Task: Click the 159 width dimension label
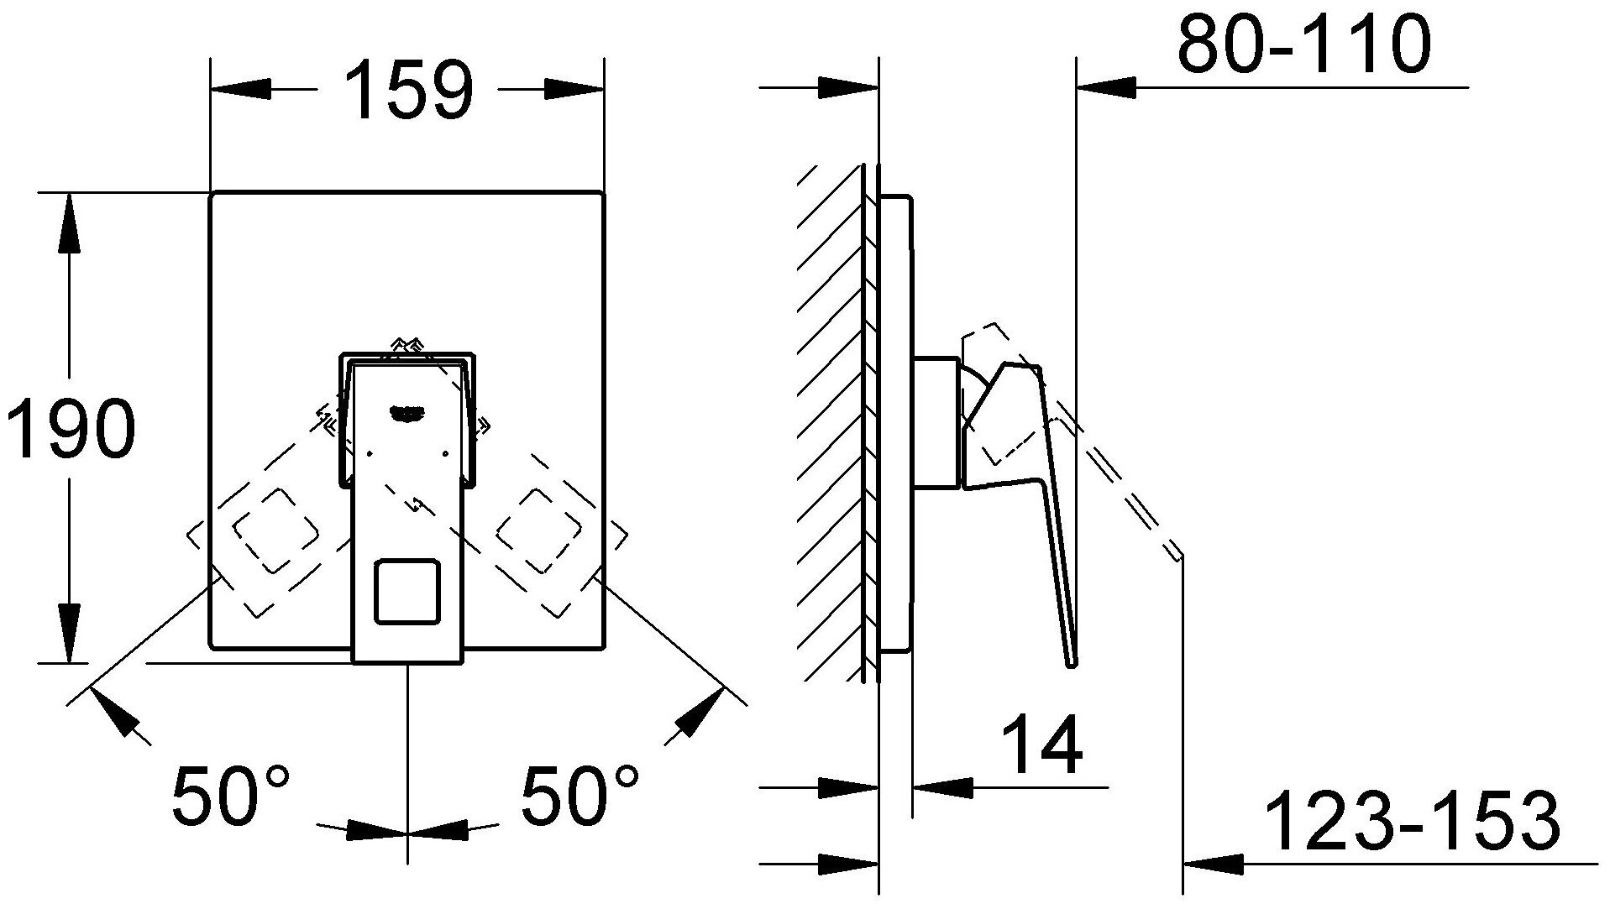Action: pyautogui.click(x=409, y=89)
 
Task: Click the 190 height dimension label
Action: pyautogui.click(x=71, y=428)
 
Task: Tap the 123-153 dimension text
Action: pyautogui.click(x=1412, y=820)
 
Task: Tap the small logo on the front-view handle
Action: pyautogui.click(x=408, y=411)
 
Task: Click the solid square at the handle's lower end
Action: pyautogui.click(x=407, y=592)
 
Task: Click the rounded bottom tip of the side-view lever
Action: pyautogui.click(x=1071, y=663)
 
